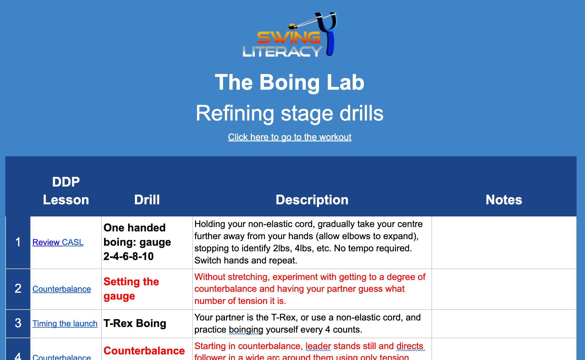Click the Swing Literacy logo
(289, 36)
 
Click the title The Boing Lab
(289, 83)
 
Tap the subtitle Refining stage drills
(289, 113)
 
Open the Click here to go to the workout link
(289, 137)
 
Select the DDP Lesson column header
(66, 191)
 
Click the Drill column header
(147, 200)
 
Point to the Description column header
(312, 200)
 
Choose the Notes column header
(504, 200)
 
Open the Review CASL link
(58, 242)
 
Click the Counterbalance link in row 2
(62, 289)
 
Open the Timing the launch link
(65, 324)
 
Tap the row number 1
(18, 242)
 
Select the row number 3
(18, 323)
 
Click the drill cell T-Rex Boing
(135, 323)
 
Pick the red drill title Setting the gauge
(131, 289)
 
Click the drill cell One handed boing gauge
(137, 242)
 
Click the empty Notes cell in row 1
(504, 242)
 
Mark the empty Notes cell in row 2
(504, 289)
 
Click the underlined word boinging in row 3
(246, 329)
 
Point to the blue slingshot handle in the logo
(330, 44)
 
